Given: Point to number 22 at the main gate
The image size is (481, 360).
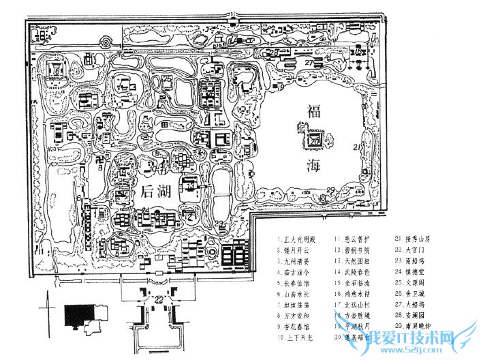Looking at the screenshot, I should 159,300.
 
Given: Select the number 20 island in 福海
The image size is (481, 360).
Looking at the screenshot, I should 315,140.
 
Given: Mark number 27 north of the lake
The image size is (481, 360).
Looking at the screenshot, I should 308,63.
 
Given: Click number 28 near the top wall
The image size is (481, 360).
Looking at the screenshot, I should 274,52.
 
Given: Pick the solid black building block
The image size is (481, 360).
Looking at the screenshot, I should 76,316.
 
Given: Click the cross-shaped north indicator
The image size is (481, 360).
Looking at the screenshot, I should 48,301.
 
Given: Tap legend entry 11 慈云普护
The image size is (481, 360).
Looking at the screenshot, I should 356,240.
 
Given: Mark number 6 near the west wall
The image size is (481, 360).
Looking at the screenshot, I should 79,197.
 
